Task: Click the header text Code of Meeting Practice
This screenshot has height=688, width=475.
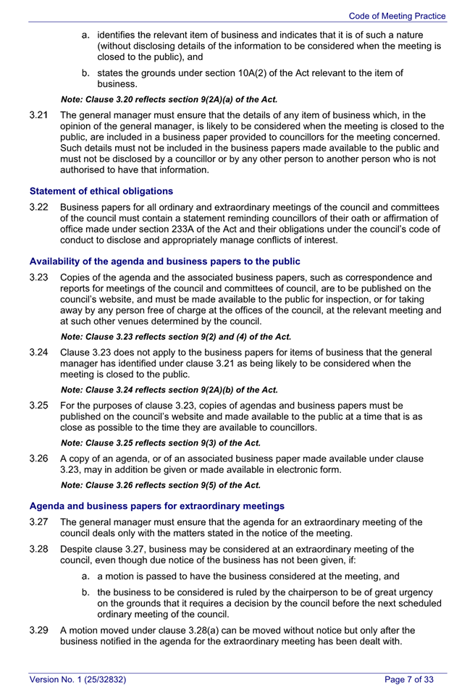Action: tap(397, 15)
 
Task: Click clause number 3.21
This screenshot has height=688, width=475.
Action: tap(40, 115)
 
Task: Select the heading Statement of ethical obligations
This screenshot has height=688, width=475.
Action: tap(101, 191)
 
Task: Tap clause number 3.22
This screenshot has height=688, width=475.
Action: tap(40, 207)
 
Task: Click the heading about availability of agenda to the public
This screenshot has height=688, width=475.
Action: tap(164, 261)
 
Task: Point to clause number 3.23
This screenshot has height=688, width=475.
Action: tap(40, 277)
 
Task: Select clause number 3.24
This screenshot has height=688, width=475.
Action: tap(40, 352)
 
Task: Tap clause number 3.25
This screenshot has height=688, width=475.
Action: tap(40, 406)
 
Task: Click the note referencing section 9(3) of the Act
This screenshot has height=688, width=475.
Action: tap(161, 442)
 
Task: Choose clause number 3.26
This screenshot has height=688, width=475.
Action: tap(40, 458)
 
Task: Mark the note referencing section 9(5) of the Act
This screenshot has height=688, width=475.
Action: tap(161, 485)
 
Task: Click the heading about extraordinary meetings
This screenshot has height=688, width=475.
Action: tap(156, 505)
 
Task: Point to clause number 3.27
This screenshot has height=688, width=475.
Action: tap(40, 522)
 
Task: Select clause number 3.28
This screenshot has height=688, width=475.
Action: tap(40, 549)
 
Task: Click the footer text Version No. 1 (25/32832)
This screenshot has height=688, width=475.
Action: tap(77, 679)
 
